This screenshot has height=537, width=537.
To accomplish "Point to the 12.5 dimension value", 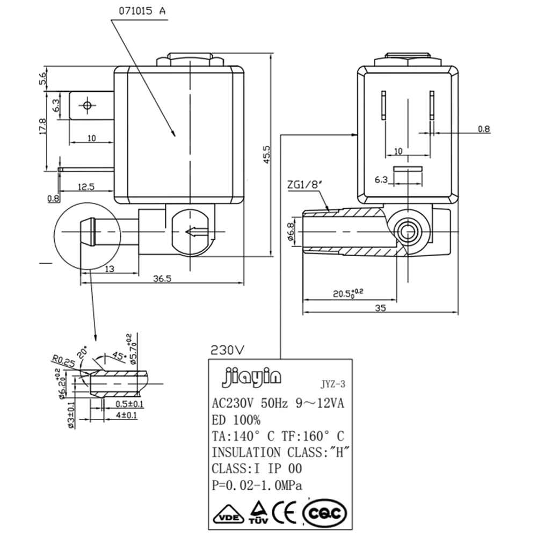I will coord(86,187).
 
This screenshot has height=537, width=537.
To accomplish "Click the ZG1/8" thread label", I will coord(304,185).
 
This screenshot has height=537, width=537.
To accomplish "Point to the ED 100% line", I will coord(236,419).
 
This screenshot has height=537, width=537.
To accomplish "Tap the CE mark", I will coord(285,513).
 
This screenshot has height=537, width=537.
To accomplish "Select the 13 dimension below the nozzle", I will coord(110,269).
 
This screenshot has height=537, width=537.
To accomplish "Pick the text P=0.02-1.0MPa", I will coord(257,485).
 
